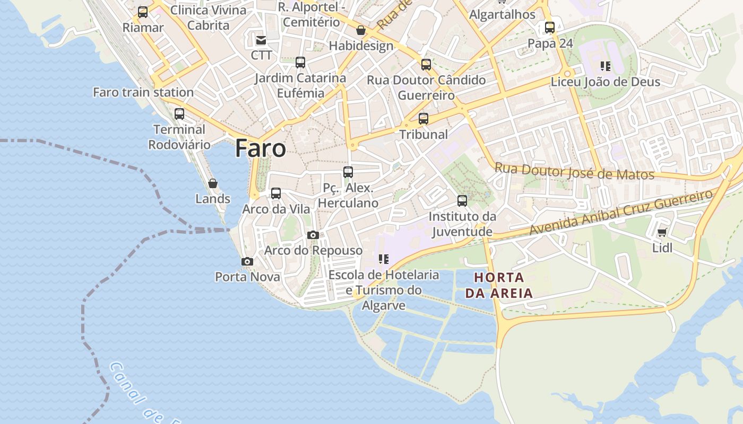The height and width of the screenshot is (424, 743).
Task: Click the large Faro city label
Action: coord(261,148)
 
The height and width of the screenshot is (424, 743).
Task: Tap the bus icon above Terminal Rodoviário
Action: coord(179,113)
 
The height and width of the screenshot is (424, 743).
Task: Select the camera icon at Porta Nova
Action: coord(247,261)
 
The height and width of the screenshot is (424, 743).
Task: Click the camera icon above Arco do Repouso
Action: coord(313,235)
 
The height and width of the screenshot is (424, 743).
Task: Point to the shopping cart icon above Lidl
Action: coord(662,233)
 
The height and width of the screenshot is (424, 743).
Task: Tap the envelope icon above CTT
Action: coord(261,40)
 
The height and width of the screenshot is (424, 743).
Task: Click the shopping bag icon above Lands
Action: coord(213,183)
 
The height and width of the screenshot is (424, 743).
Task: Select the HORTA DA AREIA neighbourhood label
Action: coord(499,285)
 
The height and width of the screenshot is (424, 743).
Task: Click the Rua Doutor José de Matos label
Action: coord(574,171)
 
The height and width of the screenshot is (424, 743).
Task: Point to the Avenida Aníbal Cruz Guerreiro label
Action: coord(621,212)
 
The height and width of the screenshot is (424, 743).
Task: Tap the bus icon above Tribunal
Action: coord(424,119)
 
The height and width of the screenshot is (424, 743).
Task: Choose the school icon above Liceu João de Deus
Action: coord(606,66)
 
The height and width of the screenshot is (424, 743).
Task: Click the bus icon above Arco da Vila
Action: coord(276,193)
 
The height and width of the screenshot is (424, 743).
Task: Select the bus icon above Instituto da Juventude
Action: coord(462,201)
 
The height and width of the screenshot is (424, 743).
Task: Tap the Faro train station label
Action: coord(143,92)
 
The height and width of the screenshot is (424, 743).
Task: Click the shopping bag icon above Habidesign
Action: coord(361,30)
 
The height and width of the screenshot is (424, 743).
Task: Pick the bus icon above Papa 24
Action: coord(550,28)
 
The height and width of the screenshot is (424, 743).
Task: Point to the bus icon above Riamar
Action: coord(143,12)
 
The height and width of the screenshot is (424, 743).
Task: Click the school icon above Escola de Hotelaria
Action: coord(384,259)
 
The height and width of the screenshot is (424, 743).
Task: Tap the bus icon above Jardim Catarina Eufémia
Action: coord(300,63)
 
